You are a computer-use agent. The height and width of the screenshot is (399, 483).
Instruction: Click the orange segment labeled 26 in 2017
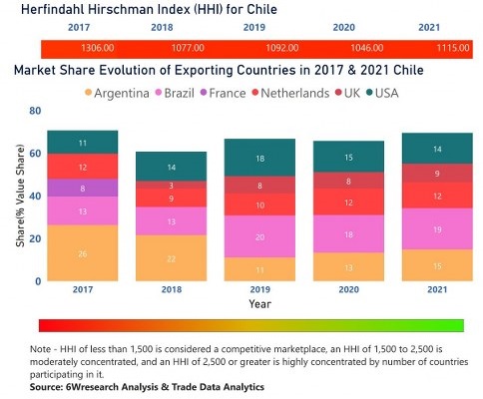[82, 253]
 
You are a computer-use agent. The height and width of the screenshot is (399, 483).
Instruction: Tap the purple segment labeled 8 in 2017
[82, 188]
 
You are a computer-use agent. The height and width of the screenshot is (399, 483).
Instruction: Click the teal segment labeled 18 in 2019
[259, 159]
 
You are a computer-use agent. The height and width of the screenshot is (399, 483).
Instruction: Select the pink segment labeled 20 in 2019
[259, 237]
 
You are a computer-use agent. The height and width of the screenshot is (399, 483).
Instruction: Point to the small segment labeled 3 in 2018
[171, 186]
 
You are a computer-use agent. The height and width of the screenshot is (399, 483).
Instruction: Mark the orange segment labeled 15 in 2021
[437, 265]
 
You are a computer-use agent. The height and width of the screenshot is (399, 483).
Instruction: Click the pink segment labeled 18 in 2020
[348, 234]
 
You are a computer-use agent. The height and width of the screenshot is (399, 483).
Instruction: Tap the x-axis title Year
[258, 304]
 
